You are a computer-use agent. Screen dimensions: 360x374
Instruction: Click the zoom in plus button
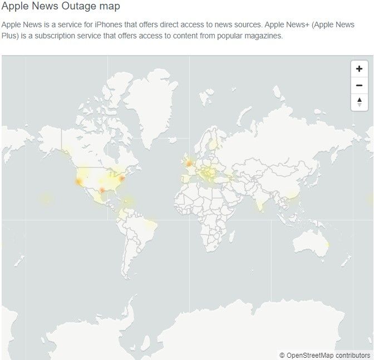tap(359, 69)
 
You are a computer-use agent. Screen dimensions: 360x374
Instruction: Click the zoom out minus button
tap(359, 85)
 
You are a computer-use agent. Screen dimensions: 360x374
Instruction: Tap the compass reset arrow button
tap(359, 102)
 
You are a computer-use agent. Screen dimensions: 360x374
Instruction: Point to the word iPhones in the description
tap(111, 25)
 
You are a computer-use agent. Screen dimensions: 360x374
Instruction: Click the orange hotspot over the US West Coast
tap(78, 181)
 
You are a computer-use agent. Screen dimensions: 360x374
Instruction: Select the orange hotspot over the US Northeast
tap(121, 179)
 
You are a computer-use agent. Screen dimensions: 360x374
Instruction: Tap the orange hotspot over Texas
tap(102, 191)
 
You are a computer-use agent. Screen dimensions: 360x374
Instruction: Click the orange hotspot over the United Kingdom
tap(189, 163)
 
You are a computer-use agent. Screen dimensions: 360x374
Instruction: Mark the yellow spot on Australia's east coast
tap(328, 245)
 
